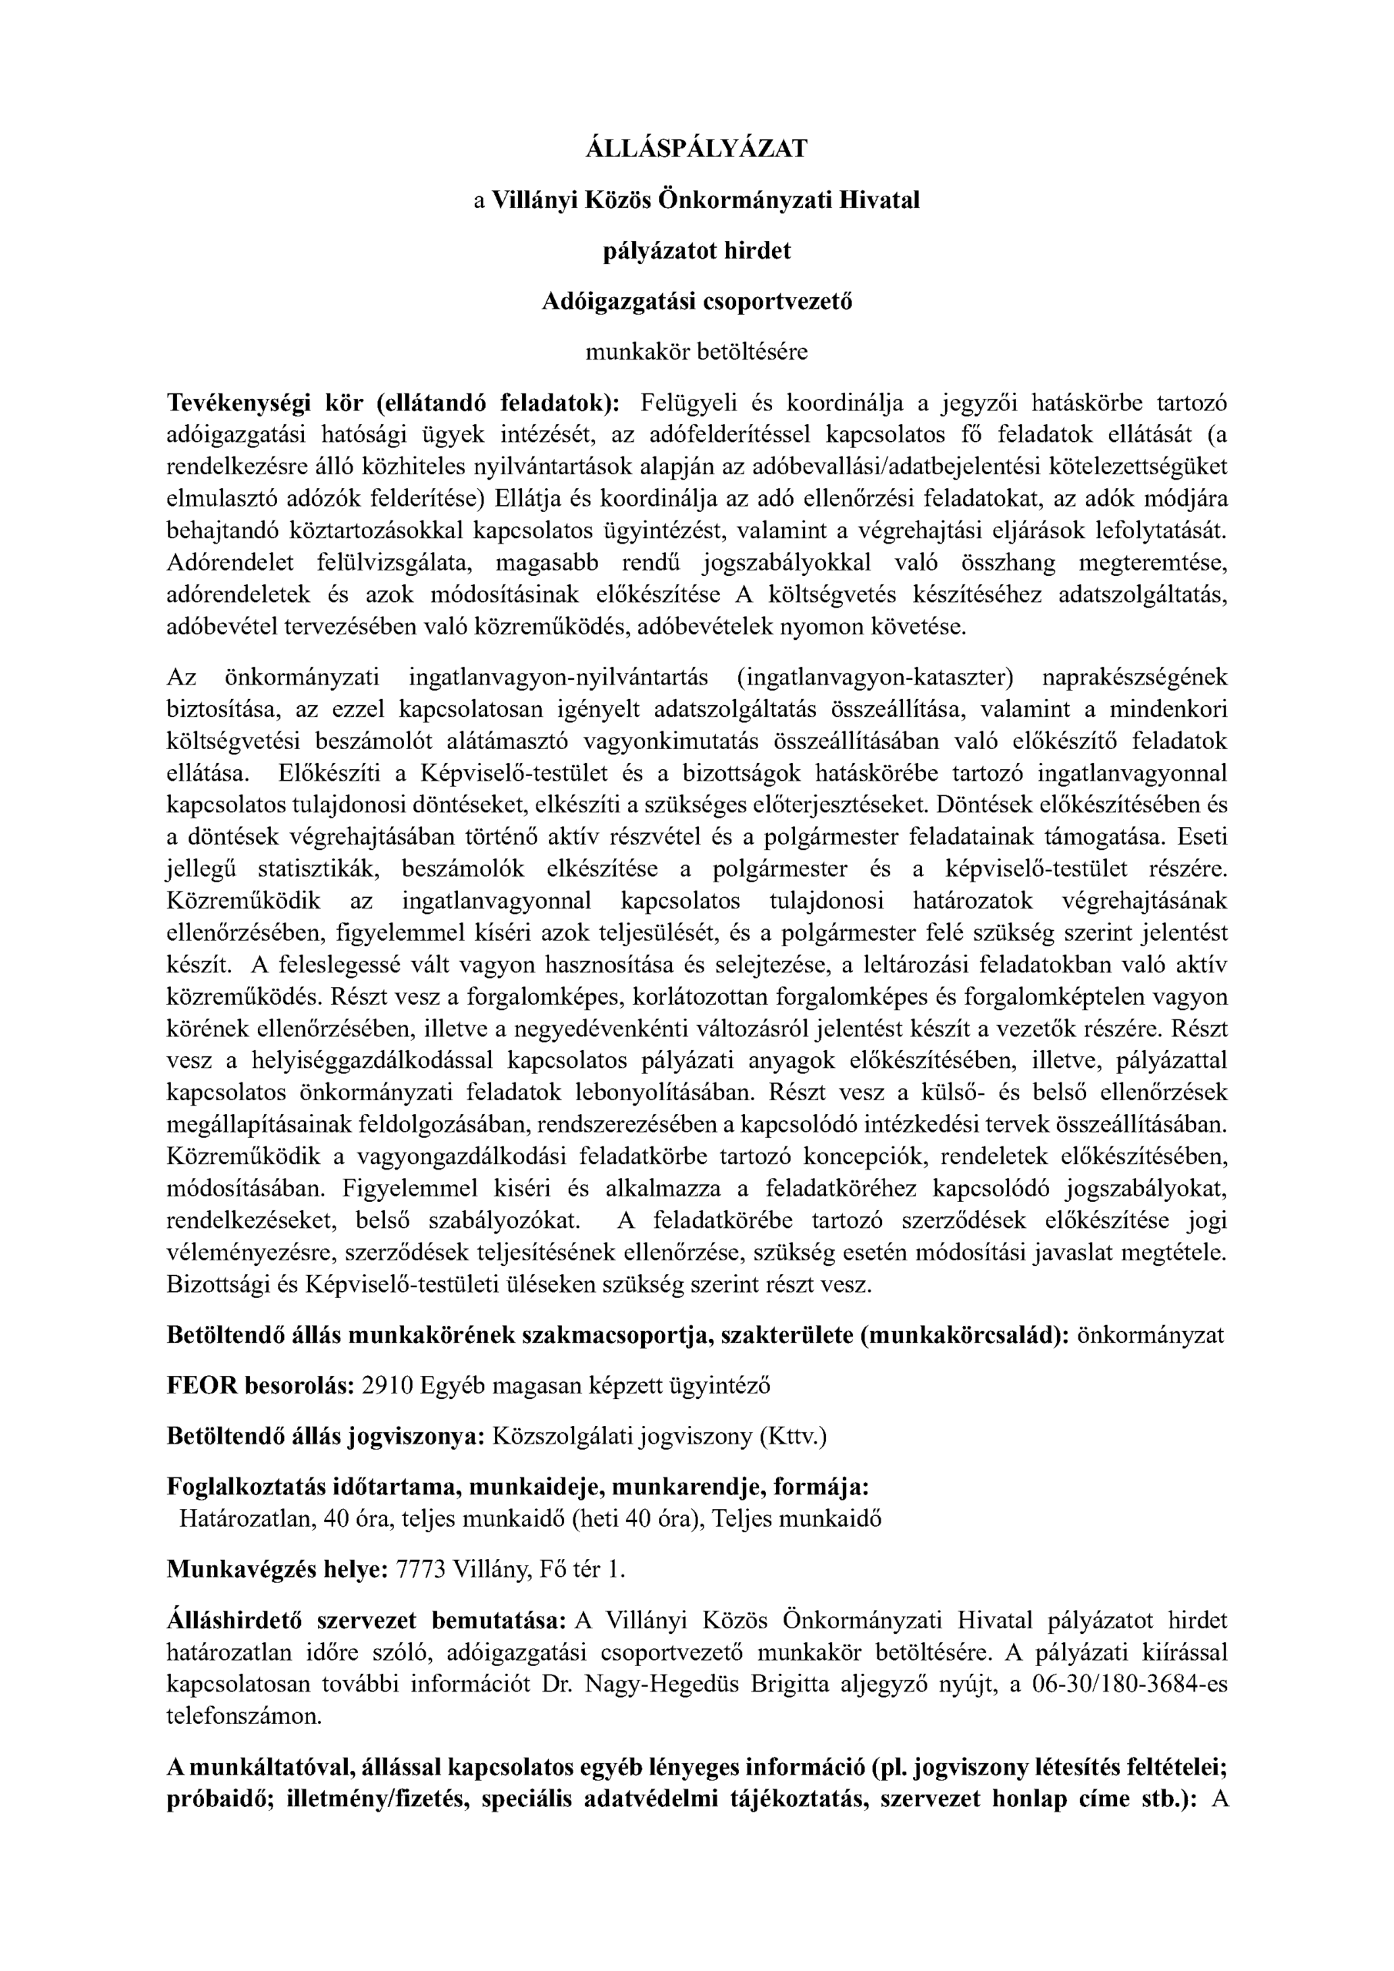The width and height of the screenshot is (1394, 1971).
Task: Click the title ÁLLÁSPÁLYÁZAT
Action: click(696, 149)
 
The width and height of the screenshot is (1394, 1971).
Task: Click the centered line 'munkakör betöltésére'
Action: click(696, 352)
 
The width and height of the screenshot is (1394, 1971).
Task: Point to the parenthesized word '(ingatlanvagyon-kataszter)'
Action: click(874, 678)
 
